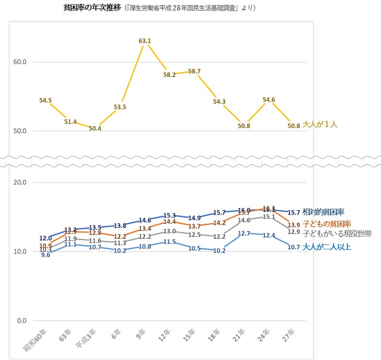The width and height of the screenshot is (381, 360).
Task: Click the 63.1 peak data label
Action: (145, 41)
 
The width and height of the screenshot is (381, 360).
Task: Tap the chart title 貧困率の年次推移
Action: (92, 8)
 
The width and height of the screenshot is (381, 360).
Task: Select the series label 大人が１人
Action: (320, 125)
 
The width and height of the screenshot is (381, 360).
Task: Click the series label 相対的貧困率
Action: (324, 212)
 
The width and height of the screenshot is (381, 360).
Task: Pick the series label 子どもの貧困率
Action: (326, 224)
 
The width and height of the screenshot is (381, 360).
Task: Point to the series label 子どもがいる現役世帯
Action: (337, 234)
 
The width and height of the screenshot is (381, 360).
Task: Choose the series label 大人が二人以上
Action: (327, 247)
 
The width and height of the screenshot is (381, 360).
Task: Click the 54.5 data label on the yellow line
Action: (45, 101)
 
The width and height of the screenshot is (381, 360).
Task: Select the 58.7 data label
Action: (194, 72)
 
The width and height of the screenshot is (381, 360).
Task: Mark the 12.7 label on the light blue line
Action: (244, 233)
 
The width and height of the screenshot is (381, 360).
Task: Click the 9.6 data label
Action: (45, 255)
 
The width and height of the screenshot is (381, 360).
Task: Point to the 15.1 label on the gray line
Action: (269, 217)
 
